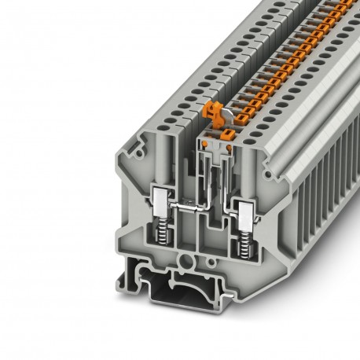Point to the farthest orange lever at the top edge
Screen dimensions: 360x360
coord(351,5)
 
